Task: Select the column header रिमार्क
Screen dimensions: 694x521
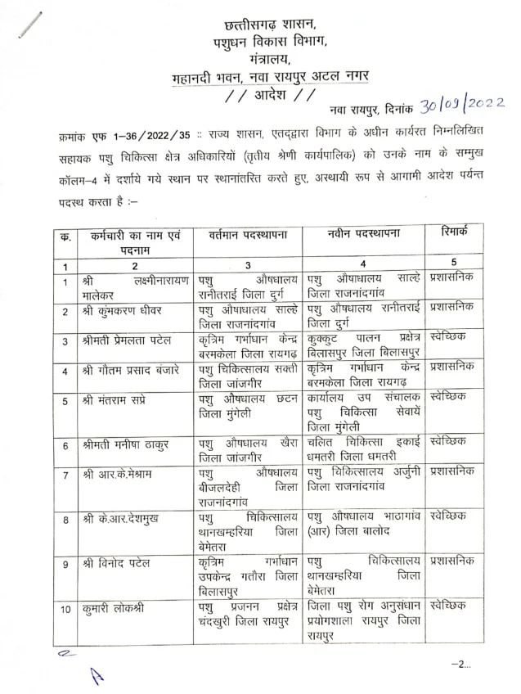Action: [451, 232]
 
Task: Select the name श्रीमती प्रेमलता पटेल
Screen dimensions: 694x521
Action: [127, 340]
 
